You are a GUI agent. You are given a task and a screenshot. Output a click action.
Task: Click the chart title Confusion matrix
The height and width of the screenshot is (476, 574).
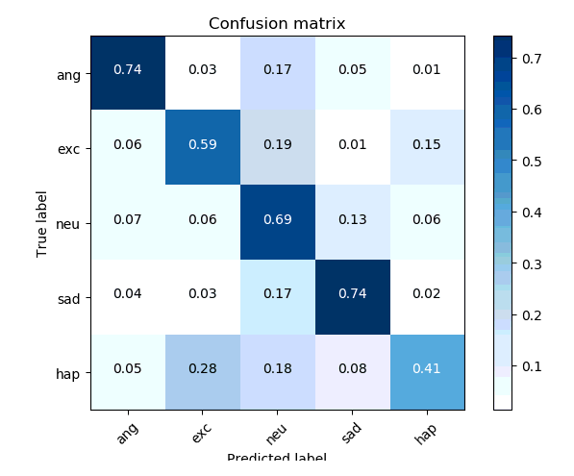click(x=277, y=23)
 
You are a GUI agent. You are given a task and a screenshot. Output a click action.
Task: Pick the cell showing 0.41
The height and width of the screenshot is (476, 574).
click(x=426, y=372)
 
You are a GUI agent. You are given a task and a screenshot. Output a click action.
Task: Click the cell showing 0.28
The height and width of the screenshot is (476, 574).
click(x=202, y=372)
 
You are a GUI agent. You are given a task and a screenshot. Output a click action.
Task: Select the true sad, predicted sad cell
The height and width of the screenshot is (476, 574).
click(x=352, y=297)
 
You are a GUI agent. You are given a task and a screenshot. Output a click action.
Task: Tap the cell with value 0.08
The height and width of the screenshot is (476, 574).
click(x=352, y=372)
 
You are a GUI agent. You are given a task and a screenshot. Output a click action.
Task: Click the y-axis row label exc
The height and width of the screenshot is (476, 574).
click(x=69, y=148)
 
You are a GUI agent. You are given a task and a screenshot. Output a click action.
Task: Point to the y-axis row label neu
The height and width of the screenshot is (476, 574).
click(x=69, y=223)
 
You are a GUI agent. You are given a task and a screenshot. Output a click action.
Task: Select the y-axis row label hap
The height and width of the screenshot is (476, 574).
click(x=69, y=373)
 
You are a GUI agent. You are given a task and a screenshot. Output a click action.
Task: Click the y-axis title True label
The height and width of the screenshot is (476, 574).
click(x=41, y=222)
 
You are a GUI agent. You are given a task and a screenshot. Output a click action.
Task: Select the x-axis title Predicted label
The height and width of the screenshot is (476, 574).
click(x=277, y=458)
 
